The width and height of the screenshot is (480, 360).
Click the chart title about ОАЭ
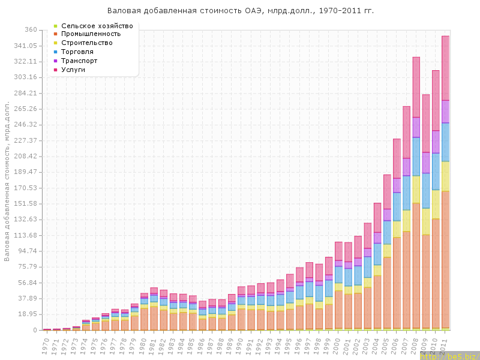[x=240, y=11]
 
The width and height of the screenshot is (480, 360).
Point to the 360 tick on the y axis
[x=31, y=30]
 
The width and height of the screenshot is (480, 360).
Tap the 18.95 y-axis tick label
[x=28, y=314]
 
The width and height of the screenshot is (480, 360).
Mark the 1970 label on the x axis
[x=46, y=344]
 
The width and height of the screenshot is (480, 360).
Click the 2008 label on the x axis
[x=415, y=344]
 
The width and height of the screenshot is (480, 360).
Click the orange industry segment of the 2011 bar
[x=445, y=258]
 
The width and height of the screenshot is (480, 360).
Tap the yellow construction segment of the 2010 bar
[x=436, y=204]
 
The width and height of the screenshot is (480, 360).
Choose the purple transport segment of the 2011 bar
[x=445, y=112]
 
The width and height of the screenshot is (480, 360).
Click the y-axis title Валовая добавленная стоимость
[x=7, y=180]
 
